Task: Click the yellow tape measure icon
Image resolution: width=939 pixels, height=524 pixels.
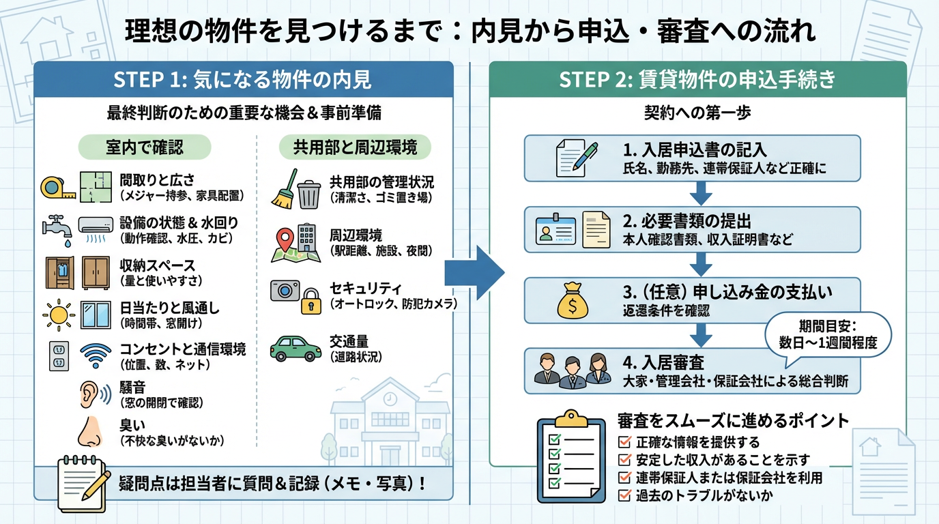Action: click(57, 187)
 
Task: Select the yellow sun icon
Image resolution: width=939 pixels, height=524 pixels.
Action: click(59, 315)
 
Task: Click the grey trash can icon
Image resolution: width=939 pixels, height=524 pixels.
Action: click(308, 193)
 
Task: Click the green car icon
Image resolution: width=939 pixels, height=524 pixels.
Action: click(295, 347)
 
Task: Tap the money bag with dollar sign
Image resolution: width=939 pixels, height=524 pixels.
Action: click(572, 301)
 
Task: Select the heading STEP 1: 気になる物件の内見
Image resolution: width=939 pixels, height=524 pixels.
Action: click(243, 81)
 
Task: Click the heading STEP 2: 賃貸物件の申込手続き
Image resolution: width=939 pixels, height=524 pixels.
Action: click(697, 81)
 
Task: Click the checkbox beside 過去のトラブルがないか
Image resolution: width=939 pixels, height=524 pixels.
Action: click(623, 496)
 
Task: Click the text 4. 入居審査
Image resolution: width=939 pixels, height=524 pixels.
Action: click(663, 362)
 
